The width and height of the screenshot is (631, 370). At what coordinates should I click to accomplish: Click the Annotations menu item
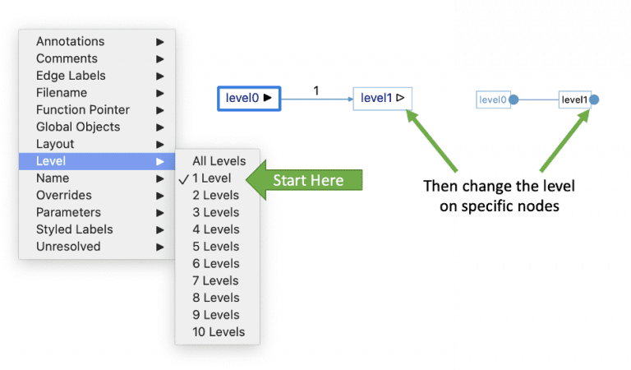tap(71, 41)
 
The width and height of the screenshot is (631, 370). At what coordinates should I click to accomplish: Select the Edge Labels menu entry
tap(71, 76)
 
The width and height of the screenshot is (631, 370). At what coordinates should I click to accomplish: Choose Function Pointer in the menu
tap(82, 109)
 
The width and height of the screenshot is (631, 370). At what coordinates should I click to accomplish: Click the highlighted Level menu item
tap(51, 161)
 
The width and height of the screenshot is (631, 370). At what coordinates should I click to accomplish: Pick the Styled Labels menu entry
tap(74, 229)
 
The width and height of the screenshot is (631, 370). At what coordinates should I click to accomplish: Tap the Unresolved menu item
tap(68, 247)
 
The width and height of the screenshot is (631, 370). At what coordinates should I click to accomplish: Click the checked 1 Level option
tap(212, 178)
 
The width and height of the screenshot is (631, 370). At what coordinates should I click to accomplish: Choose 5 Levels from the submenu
tap(215, 247)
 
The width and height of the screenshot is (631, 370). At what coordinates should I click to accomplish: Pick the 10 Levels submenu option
tap(219, 332)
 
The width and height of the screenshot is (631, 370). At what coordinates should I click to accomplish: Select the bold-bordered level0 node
tap(249, 98)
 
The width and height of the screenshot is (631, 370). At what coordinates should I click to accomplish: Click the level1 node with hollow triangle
tap(382, 99)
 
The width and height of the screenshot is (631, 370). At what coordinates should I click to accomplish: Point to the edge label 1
tap(316, 90)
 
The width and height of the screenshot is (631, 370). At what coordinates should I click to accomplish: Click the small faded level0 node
tap(493, 100)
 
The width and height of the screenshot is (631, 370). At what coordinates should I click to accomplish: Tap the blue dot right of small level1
tap(594, 100)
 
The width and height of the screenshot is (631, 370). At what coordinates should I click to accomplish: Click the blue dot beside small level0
tap(514, 100)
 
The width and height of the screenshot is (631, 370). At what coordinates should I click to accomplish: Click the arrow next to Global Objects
tap(160, 127)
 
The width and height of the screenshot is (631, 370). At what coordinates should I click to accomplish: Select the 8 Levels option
tap(215, 298)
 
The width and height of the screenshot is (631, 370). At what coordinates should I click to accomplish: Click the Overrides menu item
tap(64, 195)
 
